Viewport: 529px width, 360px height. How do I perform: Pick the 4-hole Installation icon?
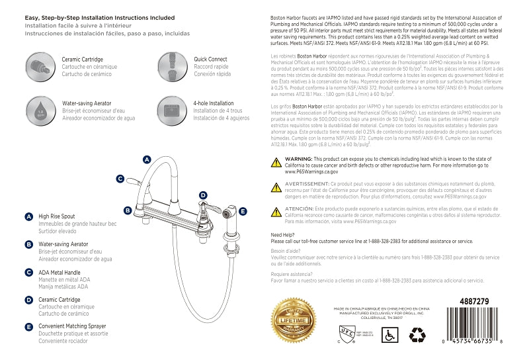click(x=170, y=109)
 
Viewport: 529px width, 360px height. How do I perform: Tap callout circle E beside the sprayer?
click(x=243, y=212)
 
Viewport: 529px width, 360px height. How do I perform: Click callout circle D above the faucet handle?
click(x=203, y=195)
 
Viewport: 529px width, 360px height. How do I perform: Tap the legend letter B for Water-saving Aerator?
click(x=28, y=244)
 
